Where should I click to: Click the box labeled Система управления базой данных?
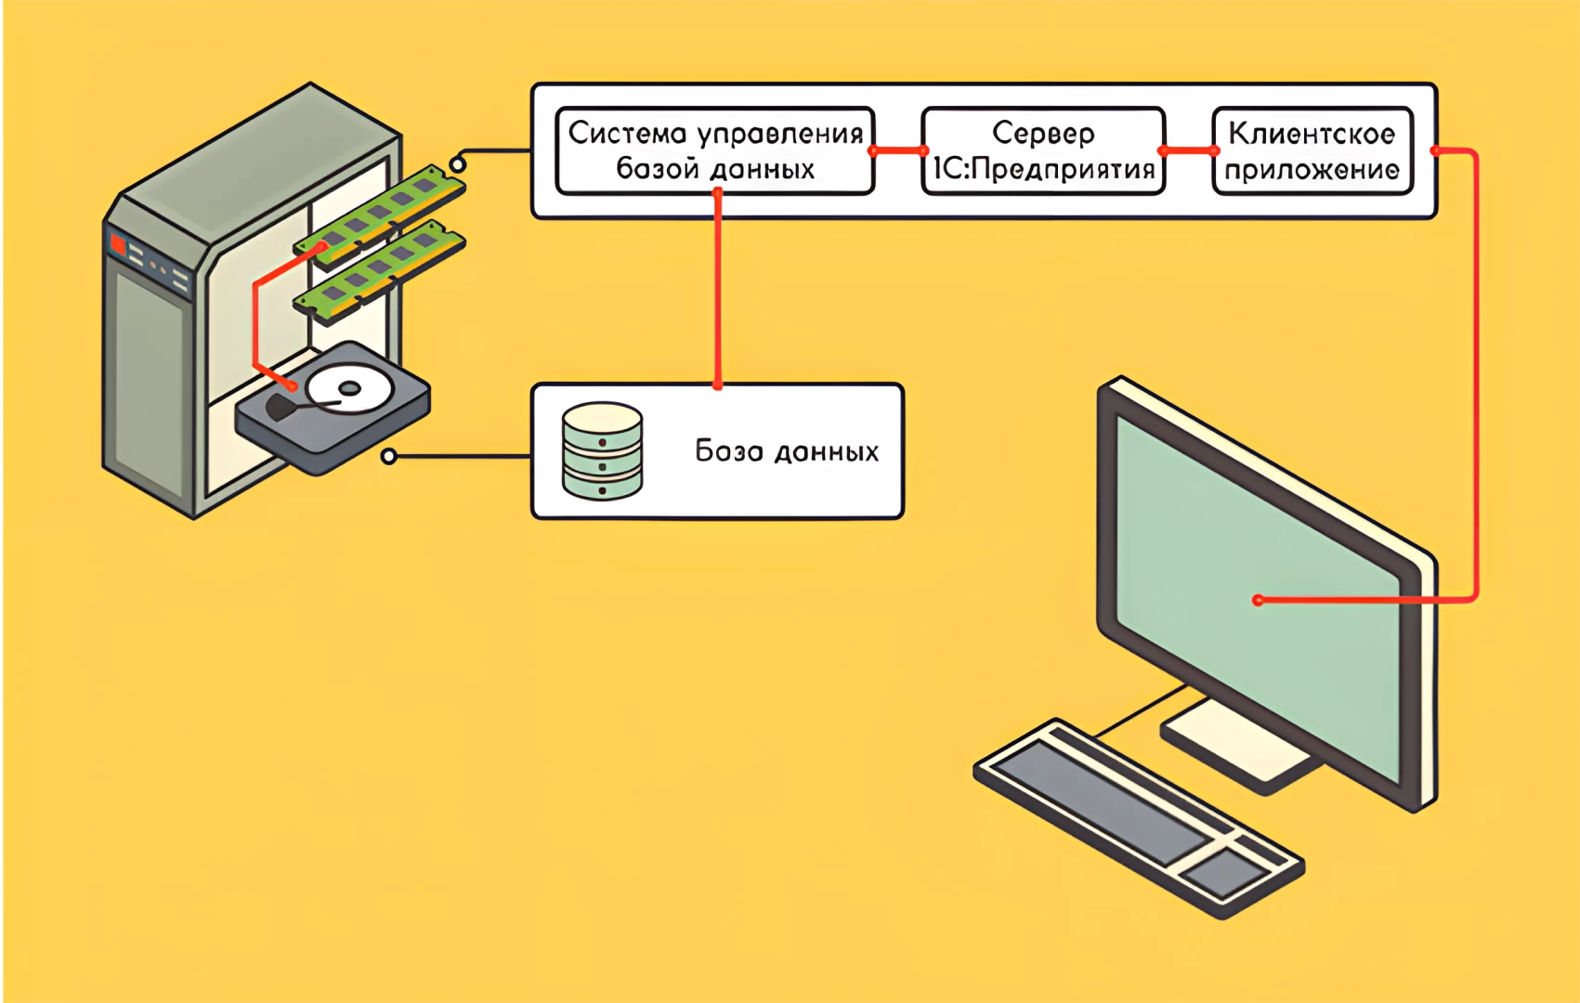pos(714,150)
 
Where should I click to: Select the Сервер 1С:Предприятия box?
pos(1043,150)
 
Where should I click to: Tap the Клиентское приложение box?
pos(1312,150)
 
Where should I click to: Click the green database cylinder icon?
pos(602,451)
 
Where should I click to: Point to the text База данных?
pos(786,451)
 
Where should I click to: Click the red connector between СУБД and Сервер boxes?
pos(898,150)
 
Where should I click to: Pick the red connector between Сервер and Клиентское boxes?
pos(1188,150)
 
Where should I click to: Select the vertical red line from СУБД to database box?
pos(717,288)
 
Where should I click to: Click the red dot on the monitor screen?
pos(1259,600)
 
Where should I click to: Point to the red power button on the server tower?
pos(118,245)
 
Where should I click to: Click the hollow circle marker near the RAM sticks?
pos(457,165)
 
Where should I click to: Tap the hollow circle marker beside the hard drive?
pos(389,456)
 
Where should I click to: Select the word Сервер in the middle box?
pos(1043,133)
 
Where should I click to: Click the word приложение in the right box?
pos(1312,170)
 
